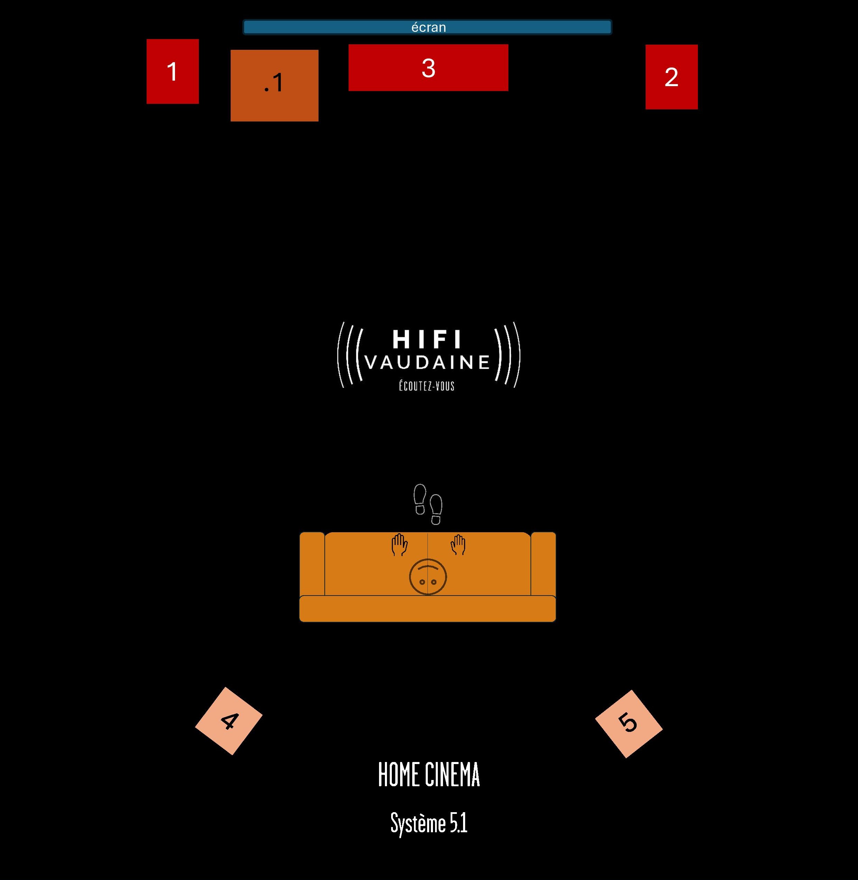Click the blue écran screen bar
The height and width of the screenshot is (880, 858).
(427, 27)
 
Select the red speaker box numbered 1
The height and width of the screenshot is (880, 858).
(173, 71)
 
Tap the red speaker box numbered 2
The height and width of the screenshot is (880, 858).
(672, 76)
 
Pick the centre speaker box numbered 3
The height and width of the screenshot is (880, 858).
(428, 67)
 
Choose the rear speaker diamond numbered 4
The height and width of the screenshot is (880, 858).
(229, 721)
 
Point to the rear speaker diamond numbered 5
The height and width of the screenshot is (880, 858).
(629, 724)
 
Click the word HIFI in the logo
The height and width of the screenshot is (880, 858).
(427, 339)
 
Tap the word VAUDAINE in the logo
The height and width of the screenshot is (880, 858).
(427, 362)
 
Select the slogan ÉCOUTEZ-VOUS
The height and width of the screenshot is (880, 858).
(427, 386)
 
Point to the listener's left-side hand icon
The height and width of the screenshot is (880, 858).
(399, 545)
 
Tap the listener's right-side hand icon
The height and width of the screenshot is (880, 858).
(458, 545)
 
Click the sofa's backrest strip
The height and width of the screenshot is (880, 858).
(428, 609)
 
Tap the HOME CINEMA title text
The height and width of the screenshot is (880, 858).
(429, 775)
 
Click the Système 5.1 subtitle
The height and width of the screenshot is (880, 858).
(429, 824)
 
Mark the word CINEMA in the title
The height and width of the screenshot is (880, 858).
(452, 775)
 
